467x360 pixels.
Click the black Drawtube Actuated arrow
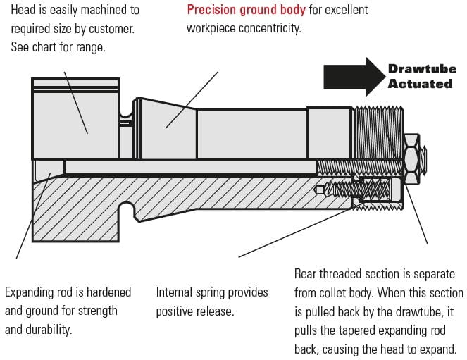click(x=352, y=76)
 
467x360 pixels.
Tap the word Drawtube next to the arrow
click(x=422, y=69)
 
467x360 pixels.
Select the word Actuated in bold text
click(x=420, y=84)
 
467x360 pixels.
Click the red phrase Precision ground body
click(x=246, y=11)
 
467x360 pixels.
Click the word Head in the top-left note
click(x=25, y=11)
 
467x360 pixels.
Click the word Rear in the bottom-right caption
click(x=306, y=274)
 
